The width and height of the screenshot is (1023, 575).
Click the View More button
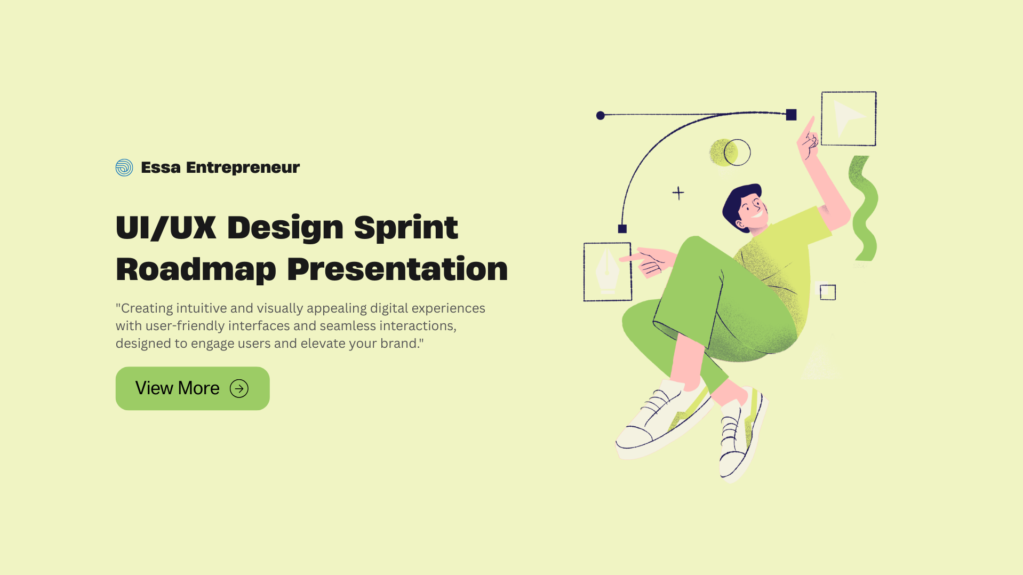[x=193, y=388]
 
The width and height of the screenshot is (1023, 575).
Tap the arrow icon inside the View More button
[x=239, y=389]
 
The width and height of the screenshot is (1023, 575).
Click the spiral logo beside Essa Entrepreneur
[x=124, y=168]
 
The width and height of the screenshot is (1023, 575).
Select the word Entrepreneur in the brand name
[x=243, y=168]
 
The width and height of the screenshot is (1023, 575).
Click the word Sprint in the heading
[x=406, y=228]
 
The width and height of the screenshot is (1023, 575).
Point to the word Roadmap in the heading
[x=196, y=269]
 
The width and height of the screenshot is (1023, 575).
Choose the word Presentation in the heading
[x=397, y=269]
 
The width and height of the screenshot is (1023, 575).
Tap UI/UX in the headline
[x=166, y=228]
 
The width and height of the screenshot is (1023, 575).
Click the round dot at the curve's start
[x=600, y=116]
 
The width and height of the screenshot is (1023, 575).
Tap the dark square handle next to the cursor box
[x=791, y=115]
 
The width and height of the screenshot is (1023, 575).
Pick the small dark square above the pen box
[x=622, y=229]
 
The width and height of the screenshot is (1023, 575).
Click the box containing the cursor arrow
[x=849, y=118]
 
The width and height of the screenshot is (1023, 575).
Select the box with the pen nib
[x=607, y=272]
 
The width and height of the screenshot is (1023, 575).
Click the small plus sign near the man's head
[x=678, y=193]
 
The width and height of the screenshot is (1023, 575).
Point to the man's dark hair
[x=736, y=202]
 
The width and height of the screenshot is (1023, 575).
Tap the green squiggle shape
[x=865, y=209]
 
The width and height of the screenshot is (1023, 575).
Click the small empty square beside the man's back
[x=828, y=292]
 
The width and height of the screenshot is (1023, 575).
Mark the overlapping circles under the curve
[x=730, y=152]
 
